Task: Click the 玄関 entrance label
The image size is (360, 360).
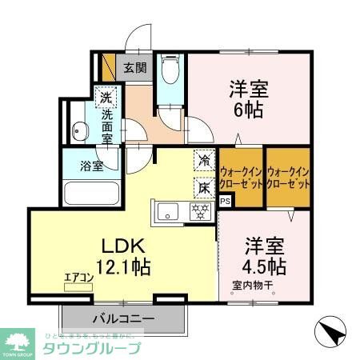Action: click(134, 68)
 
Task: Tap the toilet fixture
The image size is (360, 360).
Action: click(170, 74)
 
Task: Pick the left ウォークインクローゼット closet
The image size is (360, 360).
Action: click(241, 175)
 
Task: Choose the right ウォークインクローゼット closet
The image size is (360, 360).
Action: click(288, 175)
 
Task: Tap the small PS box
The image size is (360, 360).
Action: click(225, 201)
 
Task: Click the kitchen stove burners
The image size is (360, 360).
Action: click(199, 211)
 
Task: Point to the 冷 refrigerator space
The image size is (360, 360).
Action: click(205, 162)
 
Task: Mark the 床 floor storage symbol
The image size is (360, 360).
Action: click(205, 187)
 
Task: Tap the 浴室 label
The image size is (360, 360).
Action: click(90, 166)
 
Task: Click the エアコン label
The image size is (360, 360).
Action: click(79, 278)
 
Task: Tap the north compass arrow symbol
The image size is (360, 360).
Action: click(332, 330)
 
